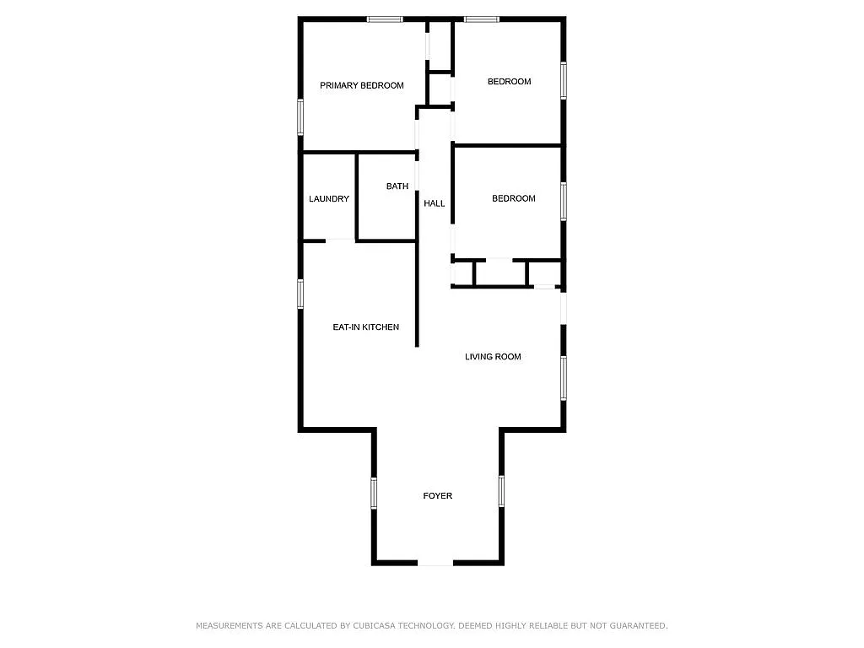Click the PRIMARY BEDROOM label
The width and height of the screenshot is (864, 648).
(361, 85)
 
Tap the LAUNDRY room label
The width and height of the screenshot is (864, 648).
(329, 199)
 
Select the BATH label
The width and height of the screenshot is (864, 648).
(397, 186)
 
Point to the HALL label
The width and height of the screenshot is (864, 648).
(435, 203)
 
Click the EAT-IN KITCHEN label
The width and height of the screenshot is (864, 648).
(366, 327)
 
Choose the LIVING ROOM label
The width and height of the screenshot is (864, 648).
(493, 357)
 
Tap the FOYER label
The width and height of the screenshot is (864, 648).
(438, 496)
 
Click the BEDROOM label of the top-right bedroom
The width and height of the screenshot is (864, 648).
(509, 82)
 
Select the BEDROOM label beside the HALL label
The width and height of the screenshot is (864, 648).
(514, 198)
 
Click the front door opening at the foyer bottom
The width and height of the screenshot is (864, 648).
(435, 563)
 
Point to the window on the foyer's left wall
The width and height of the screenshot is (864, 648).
(374, 493)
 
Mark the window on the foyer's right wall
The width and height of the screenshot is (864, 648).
(501, 491)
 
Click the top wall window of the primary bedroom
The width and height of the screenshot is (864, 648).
(385, 19)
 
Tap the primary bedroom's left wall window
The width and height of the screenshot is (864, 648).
(300, 116)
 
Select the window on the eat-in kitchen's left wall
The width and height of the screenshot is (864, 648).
(300, 294)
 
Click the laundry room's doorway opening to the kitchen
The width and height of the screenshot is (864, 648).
(341, 240)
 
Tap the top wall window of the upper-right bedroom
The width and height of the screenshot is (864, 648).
(482, 19)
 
